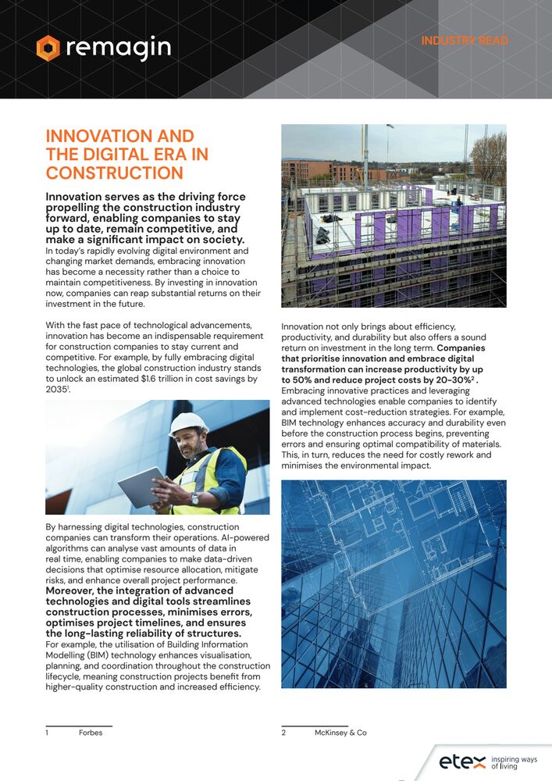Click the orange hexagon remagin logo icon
tap(48, 48)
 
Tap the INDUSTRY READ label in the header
tap(465, 41)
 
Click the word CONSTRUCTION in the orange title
tap(115, 173)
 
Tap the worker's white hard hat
tap(188, 423)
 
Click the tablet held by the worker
tap(141, 486)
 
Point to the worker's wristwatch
tap(194, 497)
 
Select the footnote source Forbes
tap(91, 733)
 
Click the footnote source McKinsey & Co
tap(340, 733)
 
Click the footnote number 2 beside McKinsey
tap(283, 733)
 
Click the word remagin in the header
tap(118, 48)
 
